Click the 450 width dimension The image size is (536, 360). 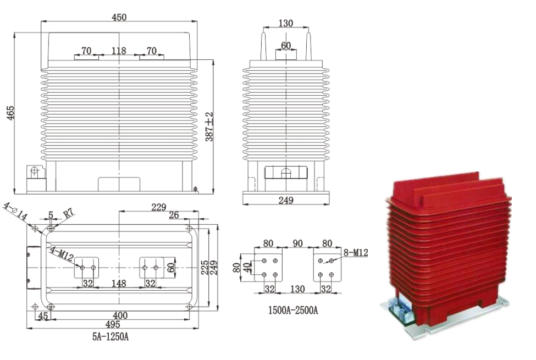(x=119, y=17)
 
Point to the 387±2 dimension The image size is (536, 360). (x=209, y=127)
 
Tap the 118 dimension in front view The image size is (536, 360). (x=119, y=51)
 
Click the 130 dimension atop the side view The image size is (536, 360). (x=285, y=23)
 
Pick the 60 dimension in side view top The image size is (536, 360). (x=286, y=45)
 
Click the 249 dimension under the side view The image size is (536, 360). (x=285, y=201)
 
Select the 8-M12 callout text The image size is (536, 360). (x=355, y=252)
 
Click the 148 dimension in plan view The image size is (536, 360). (x=119, y=284)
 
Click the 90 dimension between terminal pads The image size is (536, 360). (x=298, y=242)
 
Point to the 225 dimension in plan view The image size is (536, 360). (x=204, y=268)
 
